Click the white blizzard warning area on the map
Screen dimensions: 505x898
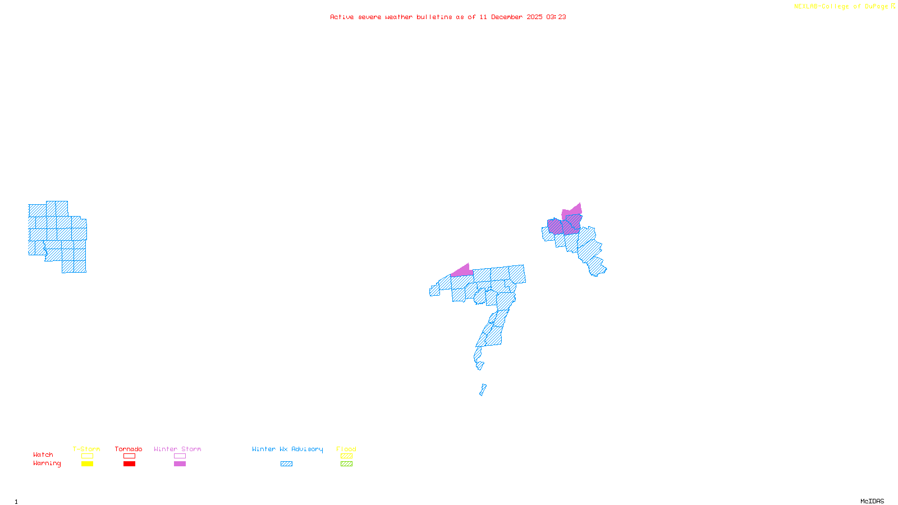pyautogui.click(x=488, y=368)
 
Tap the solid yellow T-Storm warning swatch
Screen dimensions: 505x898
pyautogui.click(x=87, y=464)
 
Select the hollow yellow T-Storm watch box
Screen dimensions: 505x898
pyautogui.click(x=87, y=456)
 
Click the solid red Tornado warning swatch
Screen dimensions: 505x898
pyautogui.click(x=129, y=464)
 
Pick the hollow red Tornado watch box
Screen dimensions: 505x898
pyautogui.click(x=129, y=456)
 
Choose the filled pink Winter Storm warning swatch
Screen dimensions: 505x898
pyautogui.click(x=180, y=464)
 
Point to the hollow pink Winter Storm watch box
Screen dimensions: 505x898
pyautogui.click(x=180, y=456)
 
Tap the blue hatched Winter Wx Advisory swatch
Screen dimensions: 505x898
pyautogui.click(x=286, y=464)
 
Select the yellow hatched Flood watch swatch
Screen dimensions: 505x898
pyautogui.click(x=346, y=456)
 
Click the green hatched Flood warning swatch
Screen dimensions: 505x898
pyautogui.click(x=346, y=464)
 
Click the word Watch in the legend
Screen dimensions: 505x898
pyautogui.click(x=43, y=455)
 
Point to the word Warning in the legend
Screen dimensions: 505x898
pyautogui.click(x=47, y=463)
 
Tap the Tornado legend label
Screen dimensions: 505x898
pyautogui.click(x=129, y=449)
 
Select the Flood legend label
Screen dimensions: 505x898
pyautogui.click(x=346, y=449)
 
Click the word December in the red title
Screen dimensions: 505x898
pyautogui.click(x=507, y=17)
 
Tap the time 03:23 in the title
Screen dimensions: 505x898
pyautogui.click(x=556, y=17)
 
